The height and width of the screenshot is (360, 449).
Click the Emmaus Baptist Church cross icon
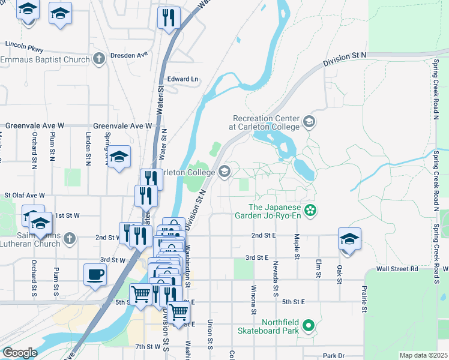[99, 59]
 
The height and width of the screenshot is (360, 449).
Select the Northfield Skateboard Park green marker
[309, 326]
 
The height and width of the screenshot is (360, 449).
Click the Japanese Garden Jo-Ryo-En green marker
[310, 210]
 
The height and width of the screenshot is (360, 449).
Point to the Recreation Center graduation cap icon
[309, 122]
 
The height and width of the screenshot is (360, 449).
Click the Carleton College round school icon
[224, 173]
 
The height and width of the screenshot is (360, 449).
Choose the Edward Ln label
[182, 79]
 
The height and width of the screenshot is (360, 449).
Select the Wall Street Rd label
[396, 269]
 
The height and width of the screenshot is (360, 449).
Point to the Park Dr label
[332, 356]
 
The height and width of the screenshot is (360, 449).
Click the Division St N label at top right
[344, 59]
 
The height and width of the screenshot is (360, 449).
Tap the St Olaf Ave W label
[25, 195]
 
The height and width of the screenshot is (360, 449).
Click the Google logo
[20, 353]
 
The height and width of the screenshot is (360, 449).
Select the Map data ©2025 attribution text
[423, 355]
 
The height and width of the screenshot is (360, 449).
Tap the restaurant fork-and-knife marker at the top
[169, 18]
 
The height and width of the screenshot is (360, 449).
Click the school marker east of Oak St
[349, 239]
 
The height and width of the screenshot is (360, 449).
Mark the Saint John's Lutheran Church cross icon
[70, 238]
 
